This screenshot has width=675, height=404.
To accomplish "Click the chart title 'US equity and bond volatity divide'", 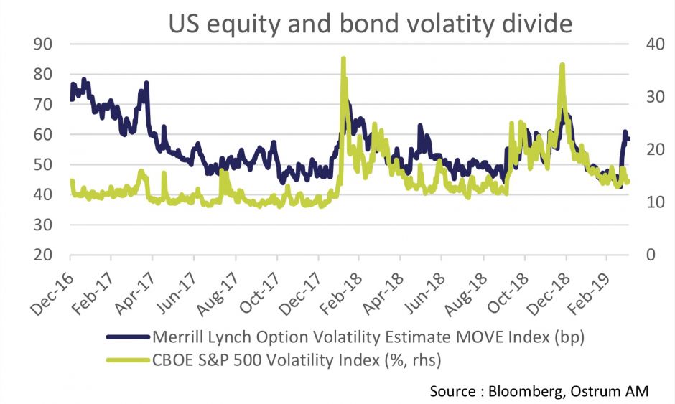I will click(371, 23).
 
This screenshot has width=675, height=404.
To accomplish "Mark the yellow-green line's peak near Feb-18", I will click(343, 59).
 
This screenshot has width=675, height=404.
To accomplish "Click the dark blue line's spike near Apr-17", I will click(146, 83).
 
